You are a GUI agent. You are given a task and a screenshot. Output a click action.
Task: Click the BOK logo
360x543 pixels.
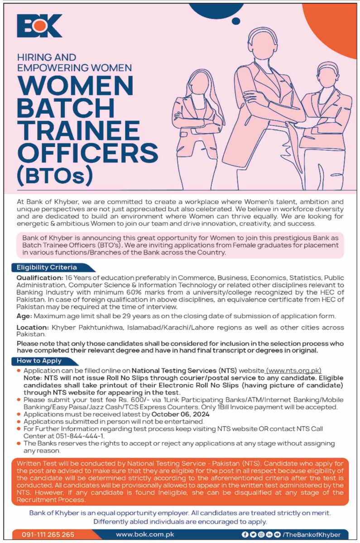point(39,26)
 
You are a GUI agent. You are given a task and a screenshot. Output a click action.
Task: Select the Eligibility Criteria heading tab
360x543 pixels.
point(47,267)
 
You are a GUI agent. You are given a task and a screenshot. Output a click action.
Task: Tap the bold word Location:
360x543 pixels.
point(33,327)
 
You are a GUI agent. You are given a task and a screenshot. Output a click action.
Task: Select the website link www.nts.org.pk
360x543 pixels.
point(294,371)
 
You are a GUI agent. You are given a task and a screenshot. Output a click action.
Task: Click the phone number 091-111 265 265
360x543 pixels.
point(48,534)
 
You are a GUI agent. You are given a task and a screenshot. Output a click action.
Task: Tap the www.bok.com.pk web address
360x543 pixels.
point(145,534)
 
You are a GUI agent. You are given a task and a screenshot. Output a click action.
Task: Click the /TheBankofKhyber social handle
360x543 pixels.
point(311,534)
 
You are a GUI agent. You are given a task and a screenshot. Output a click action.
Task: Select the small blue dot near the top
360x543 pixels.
point(235,21)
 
